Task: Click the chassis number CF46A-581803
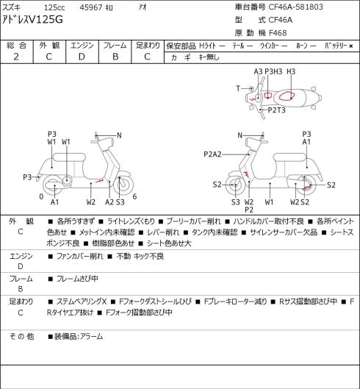tap(295, 7)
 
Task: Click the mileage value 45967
tap(91, 7)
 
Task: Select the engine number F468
tap(278, 33)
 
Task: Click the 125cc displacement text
tap(54, 7)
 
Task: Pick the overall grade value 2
tap(16, 57)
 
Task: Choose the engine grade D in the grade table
tap(82, 57)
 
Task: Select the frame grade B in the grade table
tap(115, 57)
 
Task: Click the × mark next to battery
tap(351, 46)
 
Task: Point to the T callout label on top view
tap(238, 88)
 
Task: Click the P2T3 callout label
tap(276, 110)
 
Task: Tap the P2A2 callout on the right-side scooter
tap(212, 154)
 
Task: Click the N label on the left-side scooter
tap(119, 135)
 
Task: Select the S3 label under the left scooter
tap(120, 202)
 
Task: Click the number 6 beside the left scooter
tap(134, 197)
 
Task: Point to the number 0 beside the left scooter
tap(41, 197)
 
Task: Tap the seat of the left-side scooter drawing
tap(69, 157)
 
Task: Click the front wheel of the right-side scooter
tap(235, 185)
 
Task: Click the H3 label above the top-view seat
tap(291, 72)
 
